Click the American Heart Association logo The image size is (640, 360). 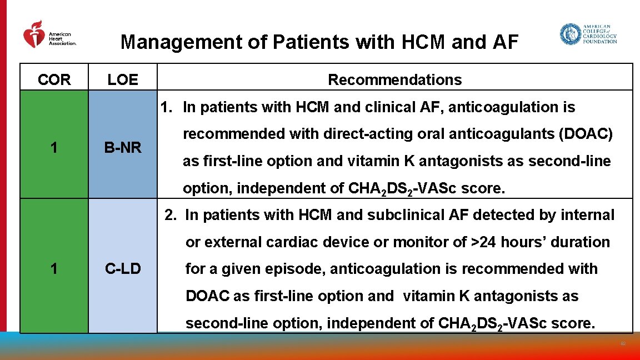[x=49, y=35]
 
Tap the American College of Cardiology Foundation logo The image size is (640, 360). [x=588, y=34]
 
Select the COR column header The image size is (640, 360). [x=54, y=80]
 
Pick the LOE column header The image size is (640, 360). [x=123, y=80]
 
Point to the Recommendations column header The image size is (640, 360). [x=394, y=80]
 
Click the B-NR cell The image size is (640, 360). [x=123, y=148]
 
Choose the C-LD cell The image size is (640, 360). [x=123, y=269]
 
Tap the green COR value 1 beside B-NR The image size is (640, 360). [x=54, y=148]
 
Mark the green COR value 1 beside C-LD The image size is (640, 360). [x=54, y=269]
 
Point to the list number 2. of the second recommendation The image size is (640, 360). [x=170, y=215]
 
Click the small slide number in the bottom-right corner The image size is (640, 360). [x=623, y=344]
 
